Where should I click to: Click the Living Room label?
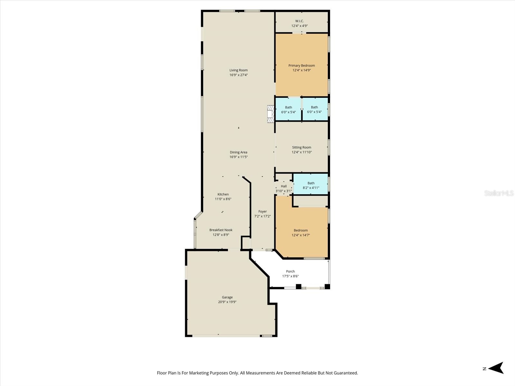pyautogui.click(x=239, y=70)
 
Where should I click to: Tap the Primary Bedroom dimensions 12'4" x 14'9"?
pyautogui.click(x=302, y=70)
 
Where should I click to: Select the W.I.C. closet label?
pyautogui.click(x=299, y=21)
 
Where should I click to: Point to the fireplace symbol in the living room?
pyautogui.click(x=270, y=114)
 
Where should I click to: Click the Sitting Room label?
pyautogui.click(x=302, y=147)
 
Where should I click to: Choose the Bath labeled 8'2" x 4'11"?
pyautogui.click(x=311, y=185)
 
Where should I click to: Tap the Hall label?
pyautogui.click(x=284, y=186)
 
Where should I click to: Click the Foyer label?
pyautogui.click(x=262, y=211)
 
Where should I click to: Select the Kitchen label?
pyautogui.click(x=223, y=194)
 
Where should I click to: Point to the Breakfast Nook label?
pyautogui.click(x=221, y=230)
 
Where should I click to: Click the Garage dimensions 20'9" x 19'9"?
pyautogui.click(x=227, y=302)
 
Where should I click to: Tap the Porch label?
pyautogui.click(x=290, y=271)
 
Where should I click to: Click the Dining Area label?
pyautogui.click(x=239, y=152)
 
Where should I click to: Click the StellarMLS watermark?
pyautogui.click(x=499, y=193)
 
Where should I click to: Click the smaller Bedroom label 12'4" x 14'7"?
pyautogui.click(x=301, y=230)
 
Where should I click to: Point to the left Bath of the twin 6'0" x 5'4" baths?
pyautogui.click(x=288, y=109)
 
